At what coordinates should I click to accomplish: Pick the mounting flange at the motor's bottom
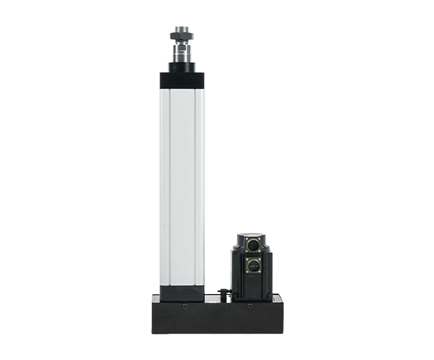point(250,298)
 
